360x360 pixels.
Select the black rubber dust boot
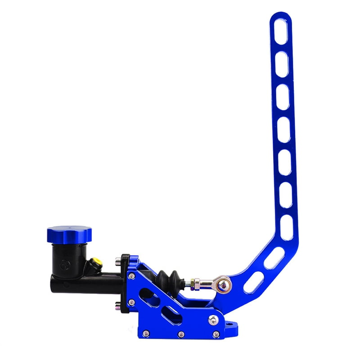tap(169, 281)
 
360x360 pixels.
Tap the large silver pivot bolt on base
tap(212, 319)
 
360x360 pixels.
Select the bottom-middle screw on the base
tap(181, 334)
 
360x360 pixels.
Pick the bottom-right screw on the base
tap(216, 334)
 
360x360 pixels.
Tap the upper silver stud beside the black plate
tap(118, 260)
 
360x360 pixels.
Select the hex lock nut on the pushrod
tap(192, 283)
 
